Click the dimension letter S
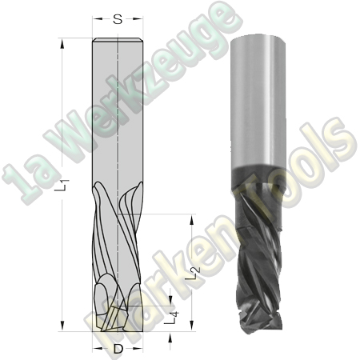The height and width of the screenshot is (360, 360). coord(118,18)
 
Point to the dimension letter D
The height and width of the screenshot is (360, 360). coord(118,349)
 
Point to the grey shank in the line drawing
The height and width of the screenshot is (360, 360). coord(118,112)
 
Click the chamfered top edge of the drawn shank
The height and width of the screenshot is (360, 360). coord(118,41)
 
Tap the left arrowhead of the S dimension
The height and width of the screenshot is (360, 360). coord(95,18)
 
